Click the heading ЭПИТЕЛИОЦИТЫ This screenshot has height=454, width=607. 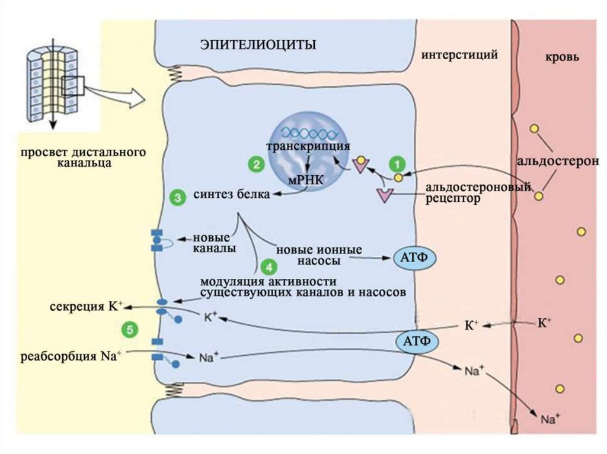pyautogui.click(x=257, y=44)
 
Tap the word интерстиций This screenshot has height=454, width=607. pyautogui.click(x=459, y=55)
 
